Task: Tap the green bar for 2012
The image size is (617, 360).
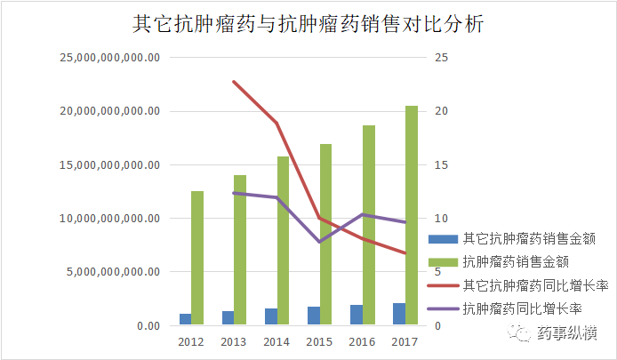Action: tap(196, 258)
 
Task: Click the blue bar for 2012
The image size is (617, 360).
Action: tap(185, 319)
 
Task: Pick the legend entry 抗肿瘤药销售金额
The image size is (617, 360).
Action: tap(516, 261)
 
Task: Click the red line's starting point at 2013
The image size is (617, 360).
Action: tap(234, 82)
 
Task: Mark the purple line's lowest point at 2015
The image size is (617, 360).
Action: tap(319, 242)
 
